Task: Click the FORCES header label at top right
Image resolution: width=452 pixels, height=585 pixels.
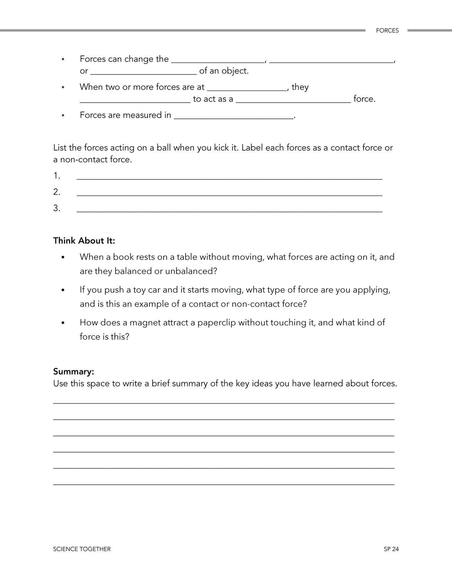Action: pos(387,31)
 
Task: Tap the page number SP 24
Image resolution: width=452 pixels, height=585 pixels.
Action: pos(391,549)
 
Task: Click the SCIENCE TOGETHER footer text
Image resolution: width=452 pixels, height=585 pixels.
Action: pos(82,549)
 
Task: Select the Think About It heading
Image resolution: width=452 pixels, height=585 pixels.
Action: pos(84,241)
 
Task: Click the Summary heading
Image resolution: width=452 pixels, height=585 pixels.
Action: pos(74,372)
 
